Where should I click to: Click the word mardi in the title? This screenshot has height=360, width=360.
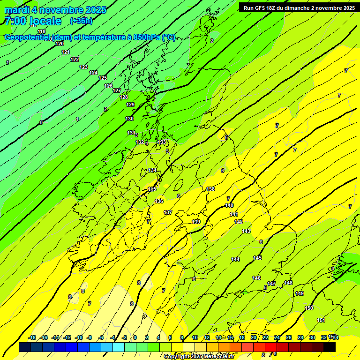(17, 10)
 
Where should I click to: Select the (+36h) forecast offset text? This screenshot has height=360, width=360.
(81, 21)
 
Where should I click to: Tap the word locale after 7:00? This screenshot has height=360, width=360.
(45, 21)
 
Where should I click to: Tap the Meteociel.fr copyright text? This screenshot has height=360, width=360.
(199, 357)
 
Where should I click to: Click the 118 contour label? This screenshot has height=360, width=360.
(41, 31)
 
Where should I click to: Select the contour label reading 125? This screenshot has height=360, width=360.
(103, 78)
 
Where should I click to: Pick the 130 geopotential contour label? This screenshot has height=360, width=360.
(129, 119)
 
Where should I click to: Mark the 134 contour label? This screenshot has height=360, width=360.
(152, 170)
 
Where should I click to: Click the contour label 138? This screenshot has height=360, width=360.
(210, 189)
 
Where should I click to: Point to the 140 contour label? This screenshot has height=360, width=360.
(229, 206)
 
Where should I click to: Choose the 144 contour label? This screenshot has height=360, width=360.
(235, 259)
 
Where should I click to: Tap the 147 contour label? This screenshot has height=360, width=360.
(271, 284)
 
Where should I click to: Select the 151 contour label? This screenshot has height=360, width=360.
(321, 320)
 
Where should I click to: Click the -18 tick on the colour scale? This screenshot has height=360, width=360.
(32, 337)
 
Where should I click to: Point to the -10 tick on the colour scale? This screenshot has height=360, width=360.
(79, 337)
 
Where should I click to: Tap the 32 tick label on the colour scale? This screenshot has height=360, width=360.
(323, 337)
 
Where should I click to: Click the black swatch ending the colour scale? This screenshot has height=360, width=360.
(330, 347)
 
